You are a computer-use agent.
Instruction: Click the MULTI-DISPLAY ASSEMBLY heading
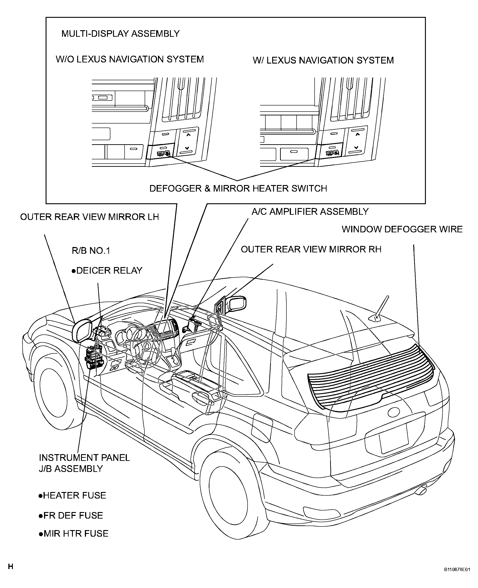pyautogui.click(x=120, y=34)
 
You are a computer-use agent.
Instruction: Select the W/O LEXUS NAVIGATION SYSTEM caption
pyautogui.click(x=130, y=59)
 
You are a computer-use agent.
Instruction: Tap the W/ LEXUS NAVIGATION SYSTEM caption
pyautogui.click(x=323, y=60)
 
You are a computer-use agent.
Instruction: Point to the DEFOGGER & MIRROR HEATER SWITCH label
pyautogui.click(x=238, y=189)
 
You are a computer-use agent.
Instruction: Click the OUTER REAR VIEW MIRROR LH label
pyautogui.click(x=90, y=217)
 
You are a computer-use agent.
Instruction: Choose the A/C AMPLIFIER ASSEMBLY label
pyautogui.click(x=310, y=212)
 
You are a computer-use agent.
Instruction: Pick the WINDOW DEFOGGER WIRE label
pyautogui.click(x=402, y=229)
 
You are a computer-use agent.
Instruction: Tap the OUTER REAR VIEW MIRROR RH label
pyautogui.click(x=311, y=249)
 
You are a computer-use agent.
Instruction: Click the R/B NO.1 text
pyautogui.click(x=91, y=251)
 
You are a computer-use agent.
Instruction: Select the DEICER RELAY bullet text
pyautogui.click(x=107, y=270)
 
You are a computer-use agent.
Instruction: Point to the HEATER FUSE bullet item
pyautogui.click(x=72, y=495)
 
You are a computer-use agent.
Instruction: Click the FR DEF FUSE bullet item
pyautogui.click(x=71, y=515)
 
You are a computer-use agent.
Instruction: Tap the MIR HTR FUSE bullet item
pyautogui.click(x=74, y=533)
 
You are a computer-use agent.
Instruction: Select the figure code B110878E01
pyautogui.click(x=457, y=569)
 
